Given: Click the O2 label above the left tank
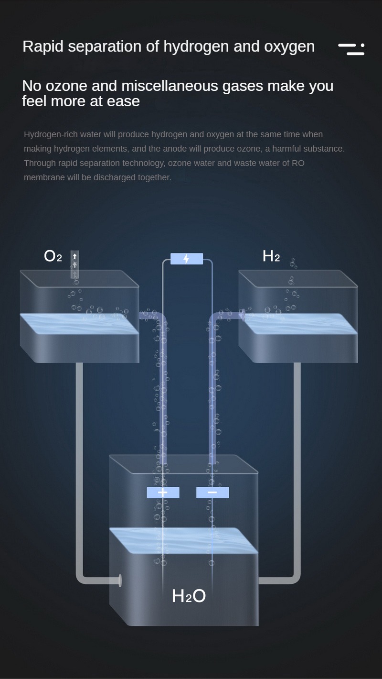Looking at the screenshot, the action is tap(53, 256).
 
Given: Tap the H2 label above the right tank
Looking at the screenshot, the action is tap(271, 256).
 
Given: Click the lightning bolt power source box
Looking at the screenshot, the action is tap(187, 259).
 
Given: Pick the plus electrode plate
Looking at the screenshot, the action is tap(163, 493).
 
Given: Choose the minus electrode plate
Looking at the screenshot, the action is tap(212, 493).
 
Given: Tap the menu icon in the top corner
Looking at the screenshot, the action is tap(351, 49).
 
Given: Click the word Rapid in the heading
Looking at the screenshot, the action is tap(43, 47).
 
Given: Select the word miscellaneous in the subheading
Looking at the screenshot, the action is tap(170, 86).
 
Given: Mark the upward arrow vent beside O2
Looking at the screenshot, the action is tap(75, 264).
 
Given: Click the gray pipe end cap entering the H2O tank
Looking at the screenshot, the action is tap(120, 580).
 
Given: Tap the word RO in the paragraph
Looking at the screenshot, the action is tap(298, 163).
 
